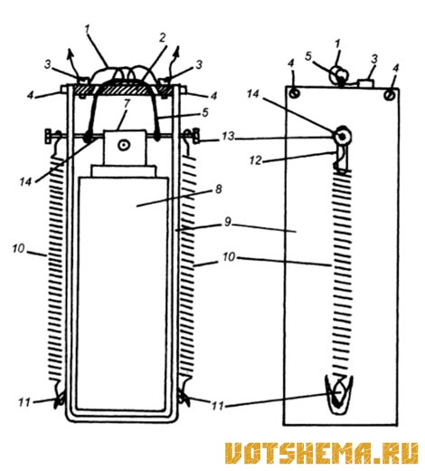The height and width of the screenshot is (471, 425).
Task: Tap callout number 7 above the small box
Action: click(127, 103)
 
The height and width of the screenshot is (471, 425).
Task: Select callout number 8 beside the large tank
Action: click(219, 189)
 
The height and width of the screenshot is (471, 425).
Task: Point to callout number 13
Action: click(228, 137)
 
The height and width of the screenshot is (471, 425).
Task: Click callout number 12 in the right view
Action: click(256, 160)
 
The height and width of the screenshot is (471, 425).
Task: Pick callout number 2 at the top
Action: click(162, 38)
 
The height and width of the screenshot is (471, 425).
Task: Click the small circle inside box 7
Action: click(123, 145)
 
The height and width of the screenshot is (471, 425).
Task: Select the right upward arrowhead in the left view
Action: click(177, 52)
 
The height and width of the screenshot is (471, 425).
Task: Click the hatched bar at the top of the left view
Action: click(123, 90)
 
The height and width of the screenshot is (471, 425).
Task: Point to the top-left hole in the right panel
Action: click(294, 92)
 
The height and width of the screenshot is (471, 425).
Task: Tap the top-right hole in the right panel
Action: click(389, 95)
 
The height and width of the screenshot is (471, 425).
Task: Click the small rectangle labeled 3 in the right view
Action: click(365, 83)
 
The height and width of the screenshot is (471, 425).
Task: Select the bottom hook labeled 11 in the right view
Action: click(339, 395)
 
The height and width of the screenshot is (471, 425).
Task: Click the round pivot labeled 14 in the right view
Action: click(342, 137)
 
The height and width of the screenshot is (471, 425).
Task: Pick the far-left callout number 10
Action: click(18, 249)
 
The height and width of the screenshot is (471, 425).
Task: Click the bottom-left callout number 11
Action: click(24, 402)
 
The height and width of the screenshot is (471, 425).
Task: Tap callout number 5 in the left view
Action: click(205, 112)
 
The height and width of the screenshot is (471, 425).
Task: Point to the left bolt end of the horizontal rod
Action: click(48, 136)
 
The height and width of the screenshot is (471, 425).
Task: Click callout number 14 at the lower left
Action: click(25, 182)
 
